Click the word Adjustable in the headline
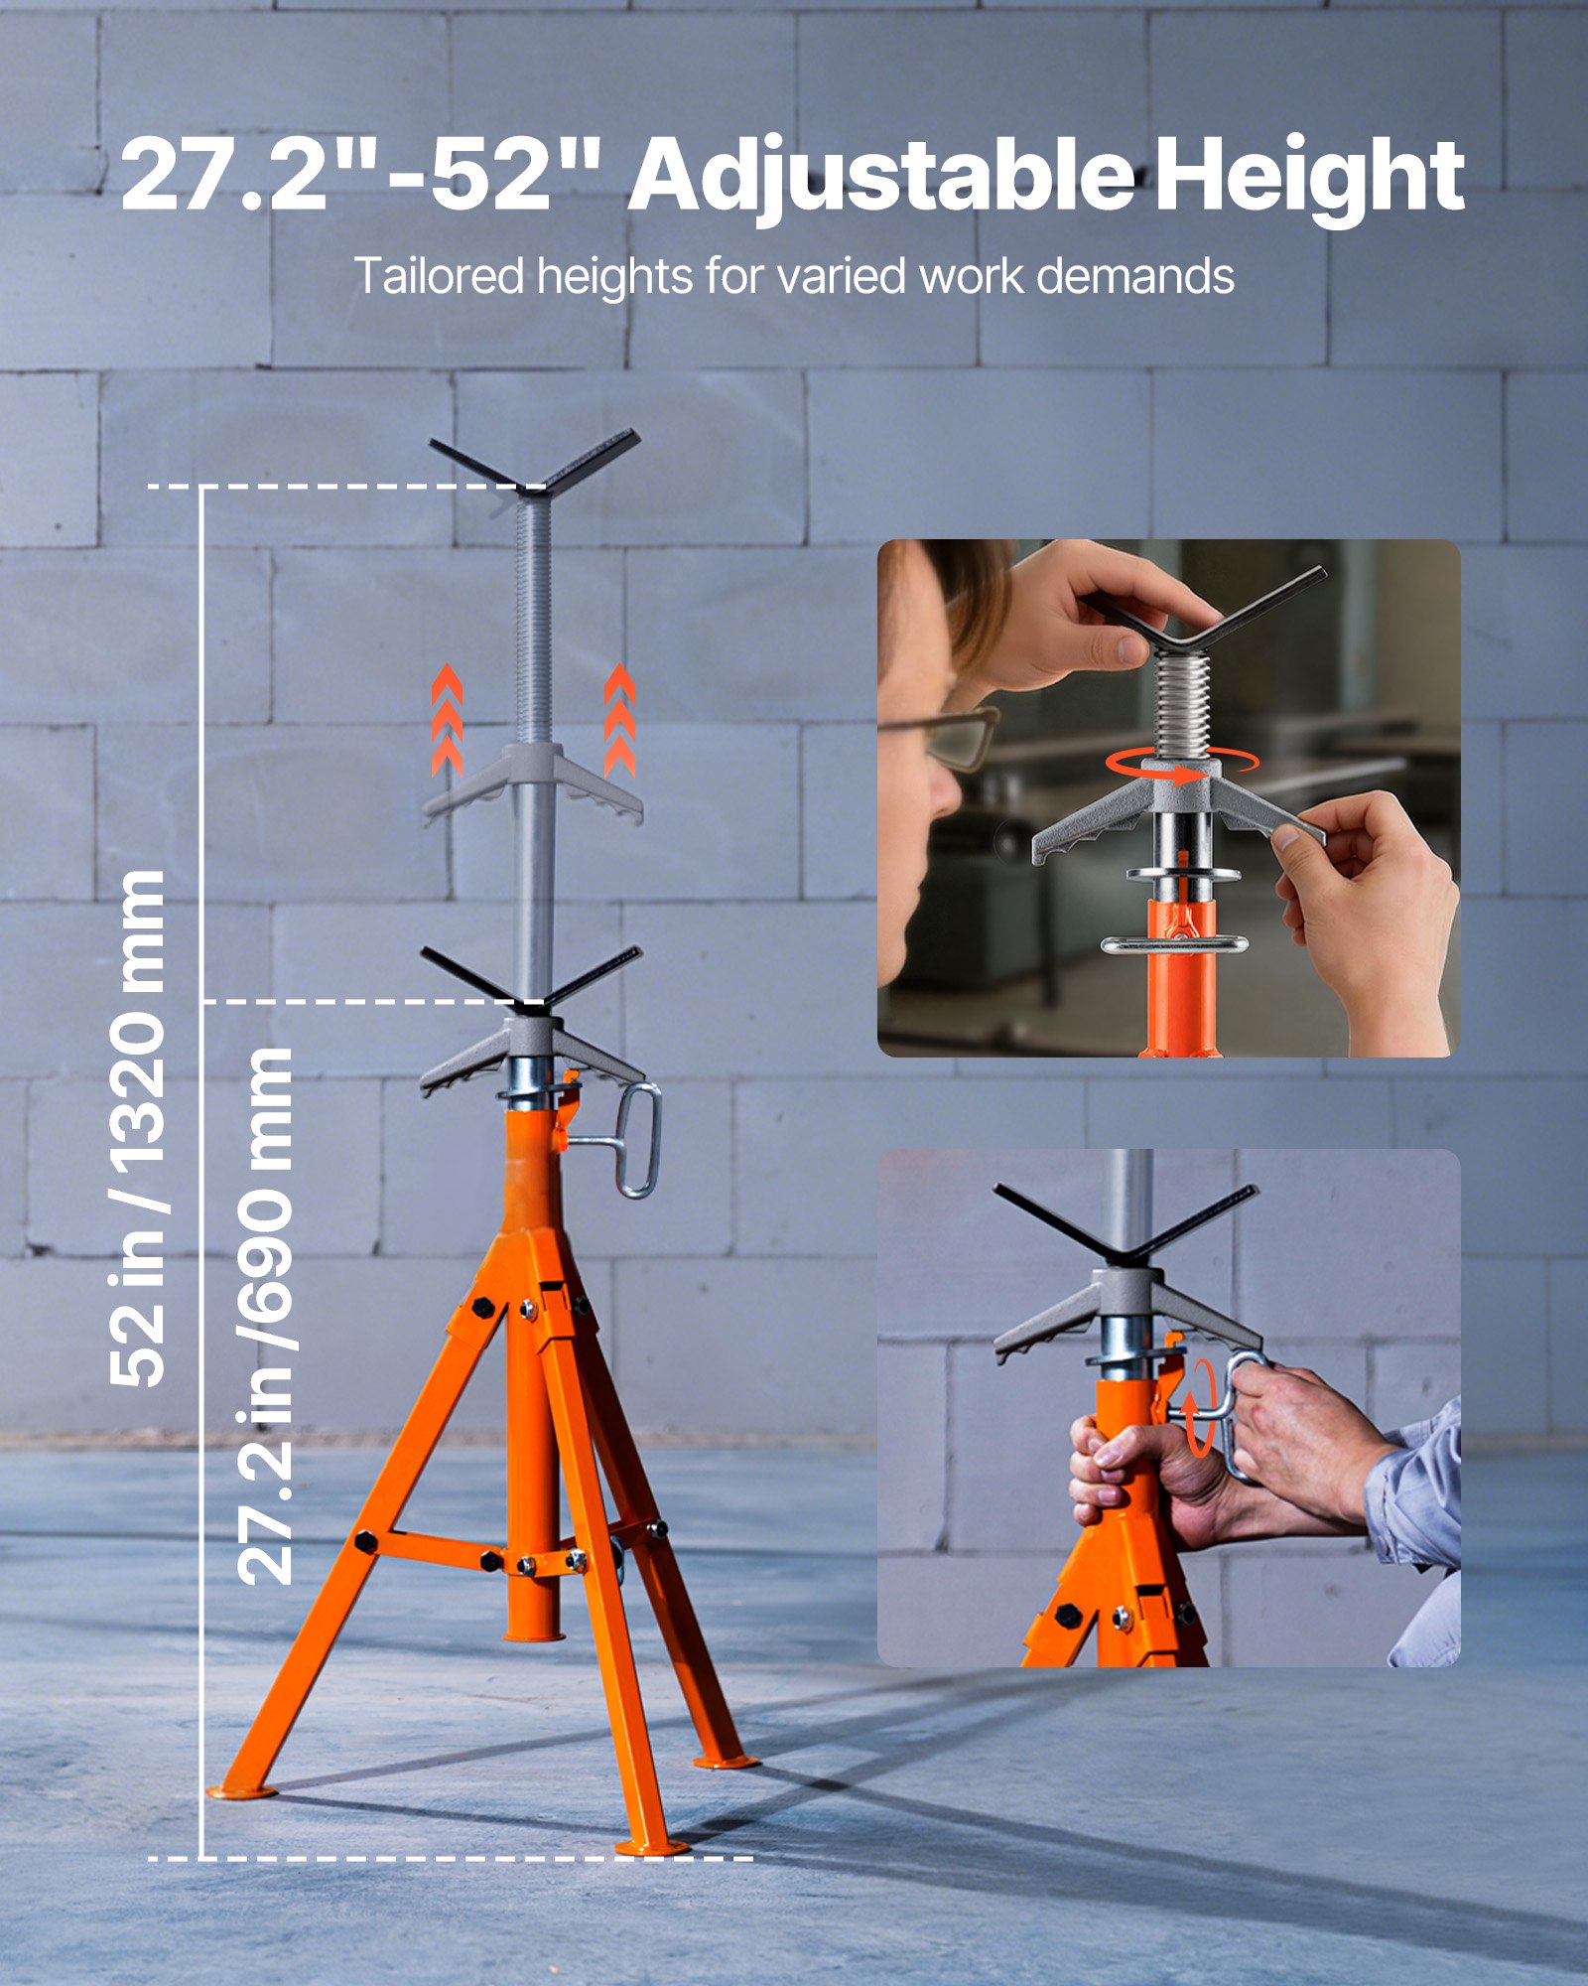880,177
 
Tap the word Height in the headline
1309,177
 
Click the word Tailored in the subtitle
438,276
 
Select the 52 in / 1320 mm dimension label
138,1127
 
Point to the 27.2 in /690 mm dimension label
265,1316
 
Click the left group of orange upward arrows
447,719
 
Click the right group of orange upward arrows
619,719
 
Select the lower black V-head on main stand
531,978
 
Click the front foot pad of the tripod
651,1848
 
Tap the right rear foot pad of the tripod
727,1762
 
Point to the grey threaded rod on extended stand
534,616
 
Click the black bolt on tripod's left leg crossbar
364,1542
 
